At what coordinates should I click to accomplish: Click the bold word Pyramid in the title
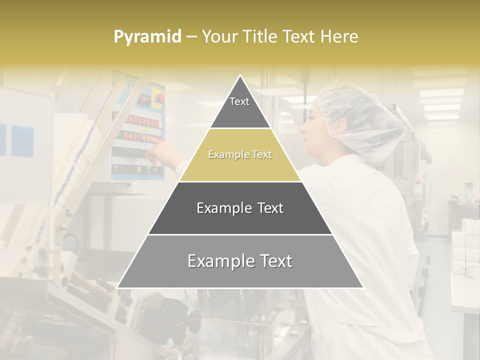(147, 37)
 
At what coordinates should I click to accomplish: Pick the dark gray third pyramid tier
(240, 208)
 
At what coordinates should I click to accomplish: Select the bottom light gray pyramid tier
(240, 261)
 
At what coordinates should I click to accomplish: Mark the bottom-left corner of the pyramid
(117, 287)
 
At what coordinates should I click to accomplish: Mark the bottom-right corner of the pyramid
(363, 287)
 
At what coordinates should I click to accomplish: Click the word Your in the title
(219, 37)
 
